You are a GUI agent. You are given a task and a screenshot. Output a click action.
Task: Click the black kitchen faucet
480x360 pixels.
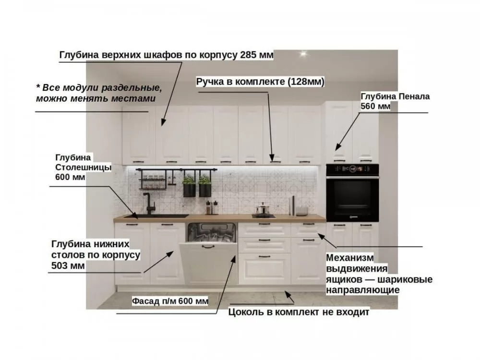click(x=149, y=203)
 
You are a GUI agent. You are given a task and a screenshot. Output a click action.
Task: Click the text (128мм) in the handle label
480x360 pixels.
click(x=306, y=82)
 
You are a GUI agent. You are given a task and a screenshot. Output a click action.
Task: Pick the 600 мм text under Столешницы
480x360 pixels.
click(x=70, y=177)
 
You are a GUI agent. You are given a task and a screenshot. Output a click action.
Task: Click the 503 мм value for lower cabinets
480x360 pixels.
click(x=68, y=265)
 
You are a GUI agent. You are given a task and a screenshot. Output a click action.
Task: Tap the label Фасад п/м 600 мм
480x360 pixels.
click(x=170, y=301)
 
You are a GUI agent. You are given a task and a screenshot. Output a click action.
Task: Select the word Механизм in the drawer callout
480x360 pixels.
click(x=350, y=258)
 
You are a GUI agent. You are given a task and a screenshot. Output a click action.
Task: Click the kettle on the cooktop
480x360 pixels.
click(x=263, y=209)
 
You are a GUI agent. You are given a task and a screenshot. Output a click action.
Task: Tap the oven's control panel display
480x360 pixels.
click(x=352, y=168)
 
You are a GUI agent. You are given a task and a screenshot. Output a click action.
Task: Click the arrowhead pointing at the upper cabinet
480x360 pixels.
click(x=163, y=122)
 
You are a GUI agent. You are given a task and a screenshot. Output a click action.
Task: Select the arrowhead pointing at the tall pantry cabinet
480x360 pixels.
click(x=337, y=146)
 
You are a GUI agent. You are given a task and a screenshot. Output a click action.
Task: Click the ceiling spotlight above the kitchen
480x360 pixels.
click(x=303, y=54)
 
